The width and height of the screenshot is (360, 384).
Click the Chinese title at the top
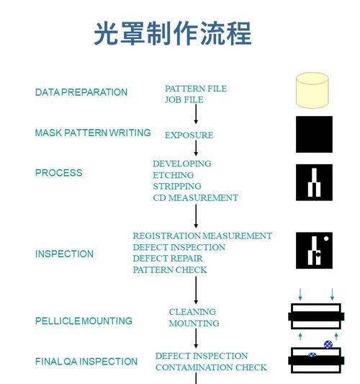click(173, 33)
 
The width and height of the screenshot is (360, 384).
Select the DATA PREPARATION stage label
click(81, 92)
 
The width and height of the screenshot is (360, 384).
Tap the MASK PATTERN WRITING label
click(93, 133)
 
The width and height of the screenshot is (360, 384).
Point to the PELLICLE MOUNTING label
click(84, 321)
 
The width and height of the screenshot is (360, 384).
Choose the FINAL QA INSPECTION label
click(86, 362)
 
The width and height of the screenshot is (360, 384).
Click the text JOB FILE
click(184, 99)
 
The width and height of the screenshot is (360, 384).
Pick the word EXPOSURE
click(189, 135)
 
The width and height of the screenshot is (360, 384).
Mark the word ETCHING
click(174, 175)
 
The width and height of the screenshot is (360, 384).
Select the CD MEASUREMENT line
click(196, 197)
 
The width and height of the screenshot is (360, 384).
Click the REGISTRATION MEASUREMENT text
click(202, 236)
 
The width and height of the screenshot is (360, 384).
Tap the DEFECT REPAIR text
click(168, 259)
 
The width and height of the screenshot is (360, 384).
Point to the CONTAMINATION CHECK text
click(211, 367)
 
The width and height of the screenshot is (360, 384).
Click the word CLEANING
click(192, 312)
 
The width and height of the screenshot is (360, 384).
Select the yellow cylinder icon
click(312, 90)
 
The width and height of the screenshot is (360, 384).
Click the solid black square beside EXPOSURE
click(314, 134)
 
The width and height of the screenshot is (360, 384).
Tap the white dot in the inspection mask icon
click(326, 238)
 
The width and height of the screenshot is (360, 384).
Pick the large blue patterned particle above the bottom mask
click(328, 344)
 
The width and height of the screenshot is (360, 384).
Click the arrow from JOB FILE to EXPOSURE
click(196, 114)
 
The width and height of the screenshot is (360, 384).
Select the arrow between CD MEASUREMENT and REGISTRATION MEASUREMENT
click(196, 216)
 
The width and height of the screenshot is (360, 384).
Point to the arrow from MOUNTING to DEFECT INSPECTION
click(196, 338)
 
